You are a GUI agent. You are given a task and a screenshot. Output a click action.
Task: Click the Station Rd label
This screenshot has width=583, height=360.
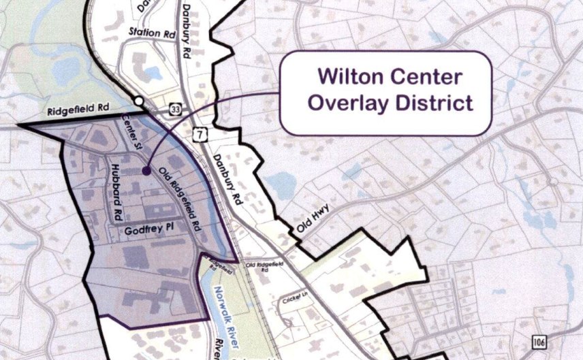152,33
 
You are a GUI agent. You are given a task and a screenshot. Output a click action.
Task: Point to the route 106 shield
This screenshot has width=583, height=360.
540,340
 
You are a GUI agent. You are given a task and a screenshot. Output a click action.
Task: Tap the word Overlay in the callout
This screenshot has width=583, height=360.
345,103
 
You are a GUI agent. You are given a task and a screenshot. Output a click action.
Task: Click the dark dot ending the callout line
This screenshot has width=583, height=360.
146,171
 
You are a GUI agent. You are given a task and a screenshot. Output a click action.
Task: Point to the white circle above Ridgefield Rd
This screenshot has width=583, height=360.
139,101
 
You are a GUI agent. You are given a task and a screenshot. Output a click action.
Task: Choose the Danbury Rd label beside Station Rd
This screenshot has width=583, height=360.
186,31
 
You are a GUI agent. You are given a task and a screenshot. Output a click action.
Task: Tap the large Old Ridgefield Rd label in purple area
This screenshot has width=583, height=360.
181,197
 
